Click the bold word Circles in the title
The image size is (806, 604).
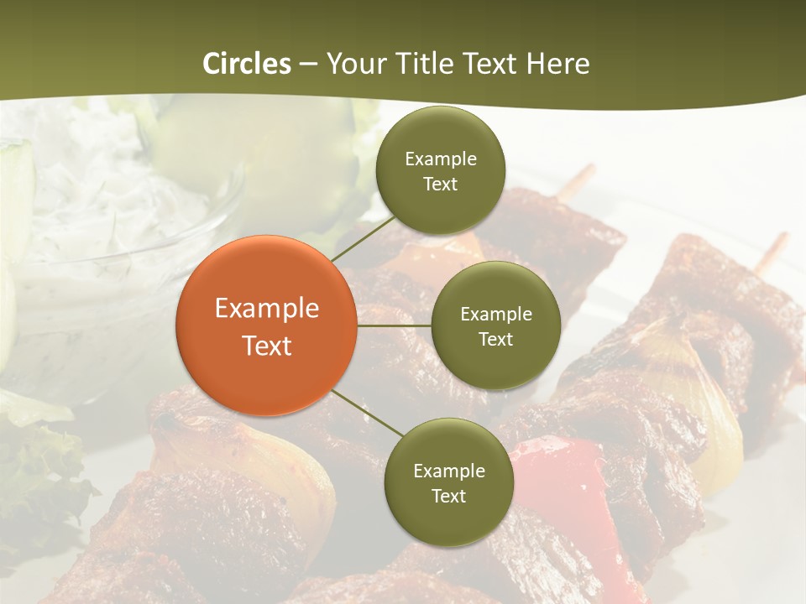(247, 64)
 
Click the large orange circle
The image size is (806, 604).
(266, 325)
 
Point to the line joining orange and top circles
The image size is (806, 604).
(364, 239)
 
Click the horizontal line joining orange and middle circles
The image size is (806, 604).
(394, 325)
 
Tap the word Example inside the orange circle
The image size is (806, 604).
(267, 308)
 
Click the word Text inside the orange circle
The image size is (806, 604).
(267, 346)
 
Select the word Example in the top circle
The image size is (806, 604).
(441, 159)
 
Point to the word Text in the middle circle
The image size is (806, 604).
(495, 340)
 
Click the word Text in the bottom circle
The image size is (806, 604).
(448, 496)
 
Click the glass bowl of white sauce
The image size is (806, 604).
(109, 243)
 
